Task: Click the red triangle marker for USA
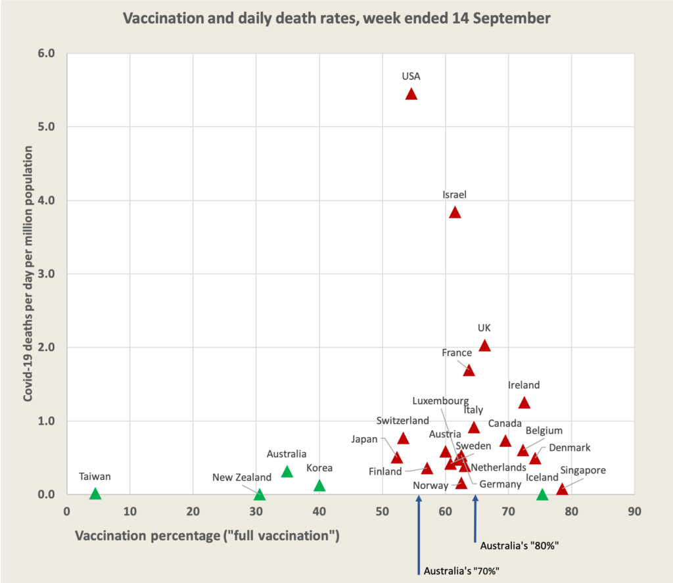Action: coord(411,94)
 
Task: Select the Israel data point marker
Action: coord(455,212)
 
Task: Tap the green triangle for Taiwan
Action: coord(95,494)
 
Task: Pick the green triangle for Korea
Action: coord(319,486)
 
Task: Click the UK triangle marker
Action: coord(484,346)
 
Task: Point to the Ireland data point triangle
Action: coord(524,403)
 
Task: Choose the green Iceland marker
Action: coord(542,494)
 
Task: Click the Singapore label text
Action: coord(583,471)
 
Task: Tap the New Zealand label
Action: coord(242,477)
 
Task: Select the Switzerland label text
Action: coord(403,421)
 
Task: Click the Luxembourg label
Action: coord(440,400)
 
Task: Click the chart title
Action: coord(336,18)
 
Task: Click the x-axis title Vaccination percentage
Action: coord(207,536)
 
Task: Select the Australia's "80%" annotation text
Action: coord(519,546)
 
